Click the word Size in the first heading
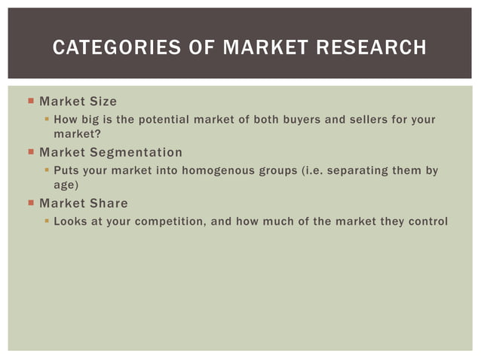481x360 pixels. [x=102, y=101]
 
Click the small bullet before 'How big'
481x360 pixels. [x=46, y=120]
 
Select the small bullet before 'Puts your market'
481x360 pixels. [x=46, y=171]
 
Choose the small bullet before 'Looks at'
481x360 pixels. [x=46, y=222]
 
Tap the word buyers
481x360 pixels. [x=298, y=120]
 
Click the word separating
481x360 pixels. [x=357, y=171]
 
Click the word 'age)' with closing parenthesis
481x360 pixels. [x=66, y=184]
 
